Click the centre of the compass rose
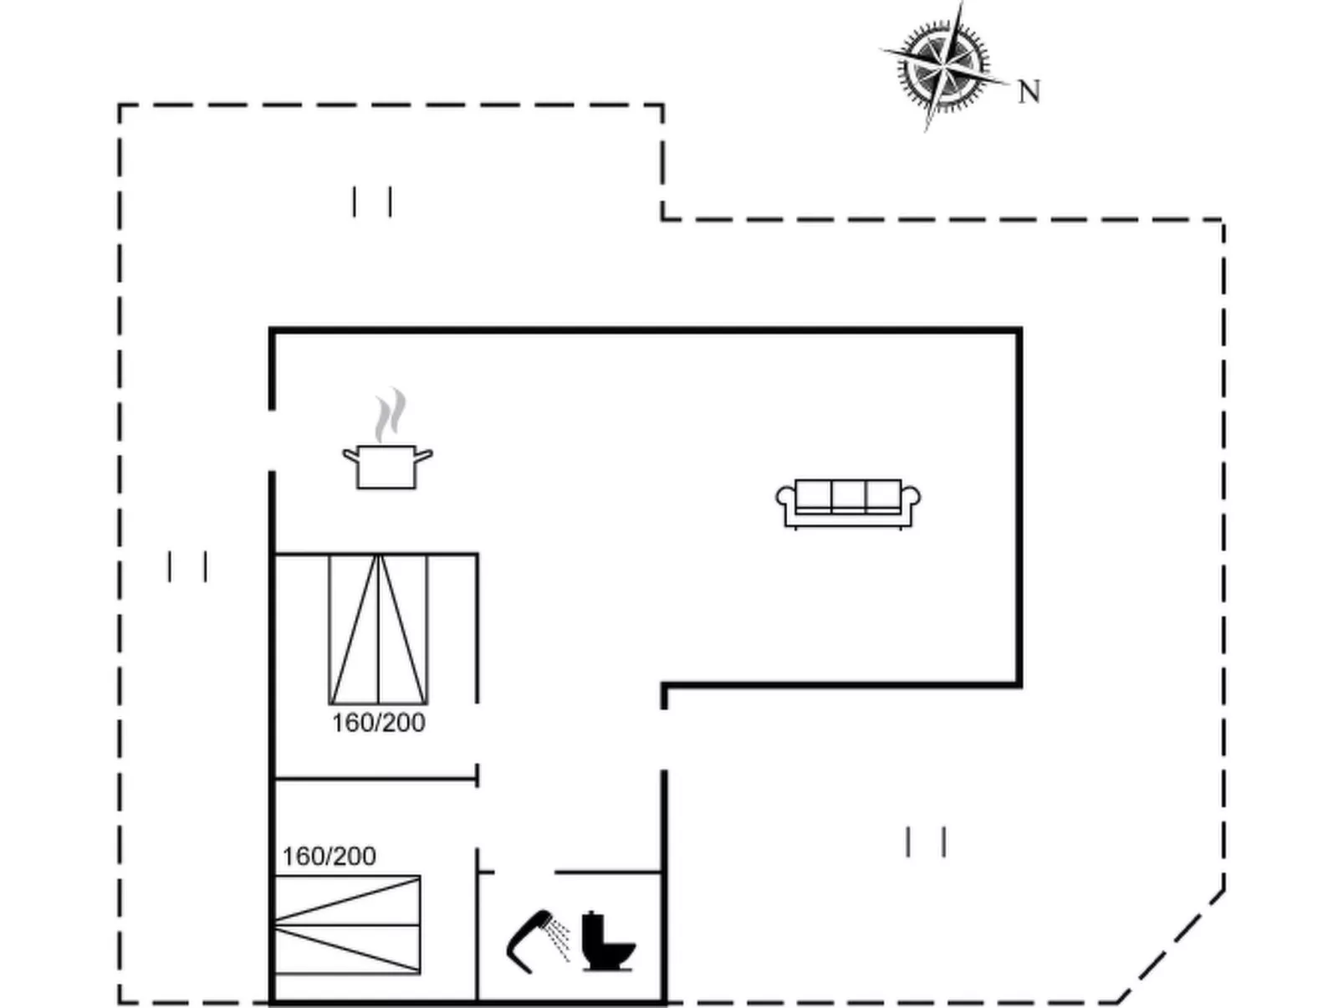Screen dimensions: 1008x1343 point(943,65)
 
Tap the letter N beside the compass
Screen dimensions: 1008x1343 point(1029,91)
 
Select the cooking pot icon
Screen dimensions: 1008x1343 point(386,467)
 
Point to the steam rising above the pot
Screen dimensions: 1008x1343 point(390,416)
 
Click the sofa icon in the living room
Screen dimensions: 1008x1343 point(848,504)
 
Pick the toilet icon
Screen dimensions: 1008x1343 point(607,943)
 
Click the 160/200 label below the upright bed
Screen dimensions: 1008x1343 point(378,723)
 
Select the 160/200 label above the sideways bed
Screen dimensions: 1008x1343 point(329,857)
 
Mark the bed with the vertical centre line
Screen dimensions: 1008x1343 point(378,629)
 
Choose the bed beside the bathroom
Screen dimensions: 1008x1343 point(347,924)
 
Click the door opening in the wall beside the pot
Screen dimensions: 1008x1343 point(272,441)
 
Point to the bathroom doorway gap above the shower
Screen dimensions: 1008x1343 point(524,872)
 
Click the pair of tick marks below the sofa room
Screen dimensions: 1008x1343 point(926,842)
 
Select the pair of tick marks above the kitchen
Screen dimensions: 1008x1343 point(372,202)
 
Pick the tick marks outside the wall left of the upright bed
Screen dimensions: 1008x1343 point(187,566)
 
